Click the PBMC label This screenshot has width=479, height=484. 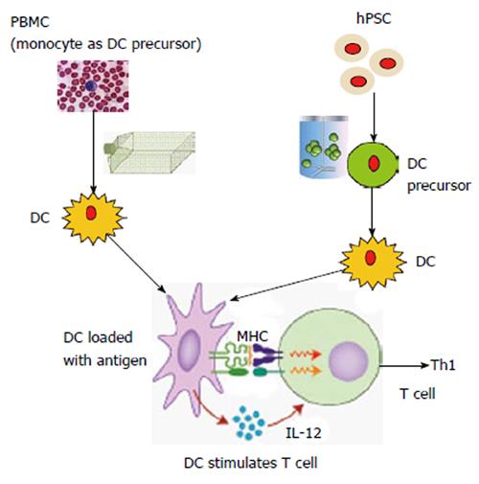coord(30,22)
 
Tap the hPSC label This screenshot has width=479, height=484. coord(374,18)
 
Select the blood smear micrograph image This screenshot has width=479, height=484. coord(93,86)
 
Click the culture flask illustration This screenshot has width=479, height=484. coord(149,152)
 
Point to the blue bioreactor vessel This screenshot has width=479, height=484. coord(324,147)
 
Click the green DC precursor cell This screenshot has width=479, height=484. coord(373,164)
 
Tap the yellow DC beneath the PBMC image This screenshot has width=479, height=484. coord(93,218)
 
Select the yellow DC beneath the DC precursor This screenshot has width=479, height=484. coord(372,263)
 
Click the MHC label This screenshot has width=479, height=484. coord(252,336)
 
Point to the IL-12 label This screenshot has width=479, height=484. coord(303,433)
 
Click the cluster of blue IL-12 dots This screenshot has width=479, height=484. coord(249,423)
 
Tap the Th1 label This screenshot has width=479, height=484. coord(444,365)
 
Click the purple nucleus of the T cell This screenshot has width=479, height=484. coord(349,361)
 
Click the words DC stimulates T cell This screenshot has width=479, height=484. coord(251,463)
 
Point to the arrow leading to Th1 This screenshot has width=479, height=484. coord(404,365)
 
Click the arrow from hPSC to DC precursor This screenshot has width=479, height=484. coord(374,117)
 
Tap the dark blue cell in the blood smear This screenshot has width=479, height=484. coord(90,85)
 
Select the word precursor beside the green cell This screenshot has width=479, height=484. coord(439,186)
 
